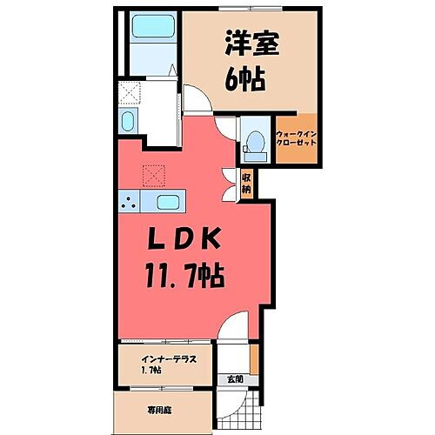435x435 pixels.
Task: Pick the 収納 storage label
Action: click(247, 183)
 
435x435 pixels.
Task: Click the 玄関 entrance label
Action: click(236, 379)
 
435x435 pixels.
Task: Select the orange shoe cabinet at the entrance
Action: click(254, 356)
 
